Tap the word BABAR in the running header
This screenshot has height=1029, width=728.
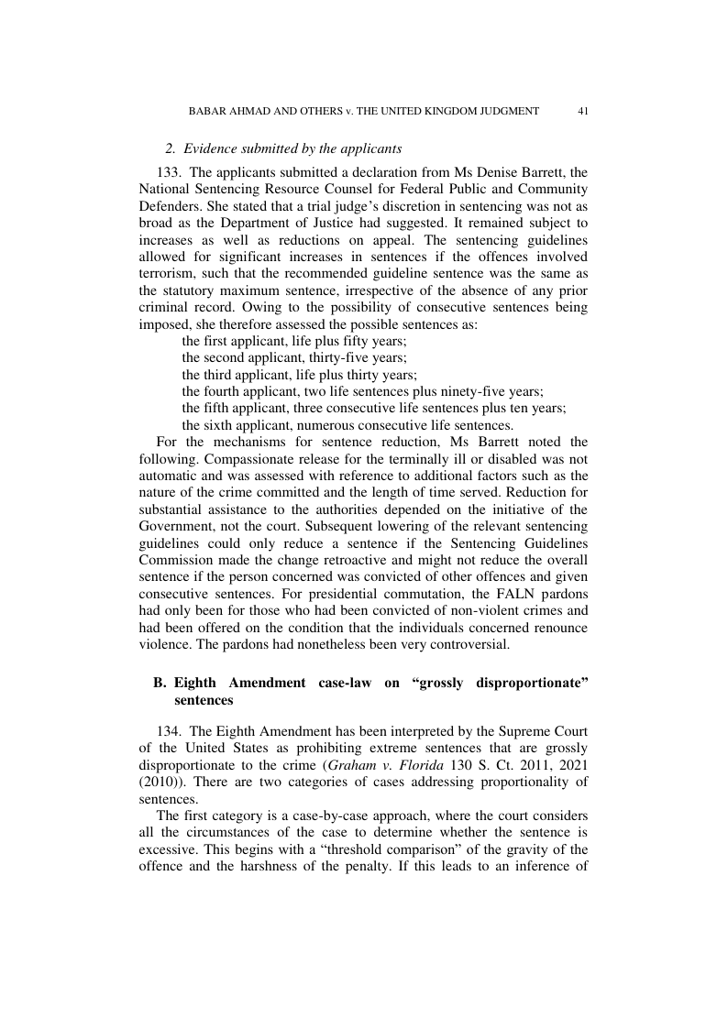click(208, 111)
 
